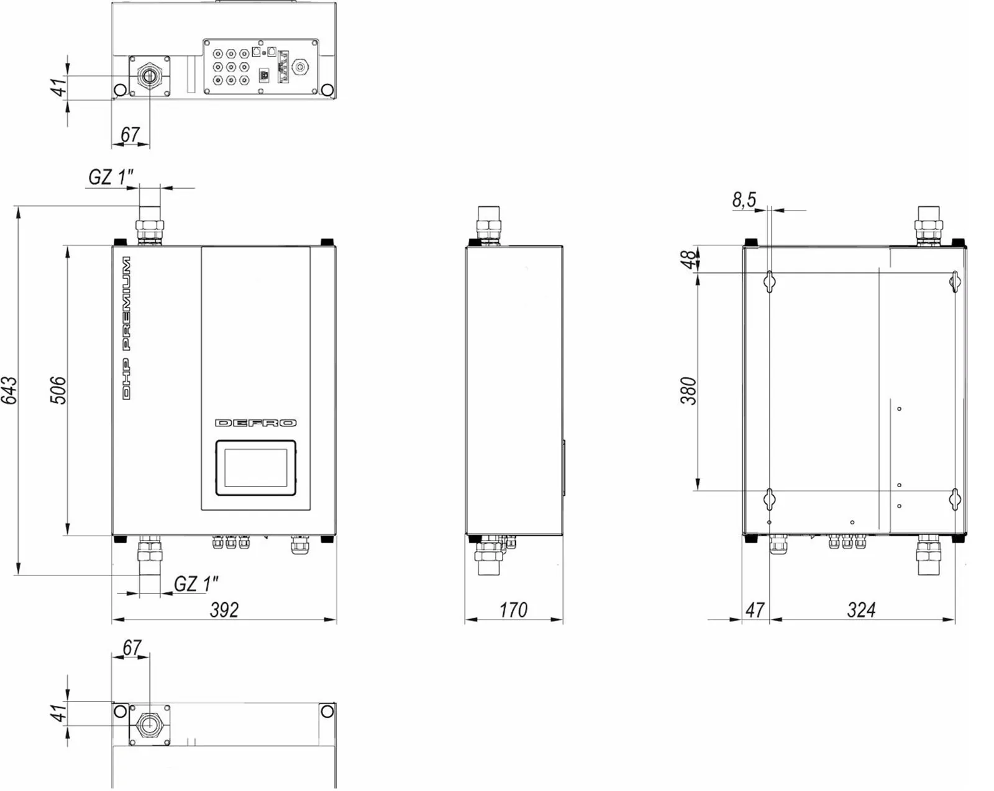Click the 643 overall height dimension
click(9, 390)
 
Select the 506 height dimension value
click(58, 390)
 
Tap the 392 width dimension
click(224, 610)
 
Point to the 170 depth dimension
click(513, 610)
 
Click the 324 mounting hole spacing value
click(861, 610)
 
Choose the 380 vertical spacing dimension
click(688, 391)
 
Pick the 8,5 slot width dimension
click(744, 199)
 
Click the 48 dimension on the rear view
click(688, 259)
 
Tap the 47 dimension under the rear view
click(755, 610)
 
